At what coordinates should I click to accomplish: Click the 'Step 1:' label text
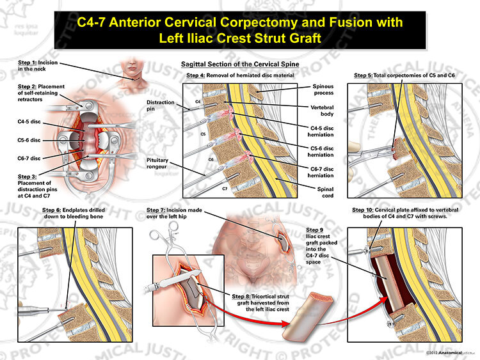[x=27, y=63]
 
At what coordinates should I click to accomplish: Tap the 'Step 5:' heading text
[x=363, y=75]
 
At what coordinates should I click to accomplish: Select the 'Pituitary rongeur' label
[x=157, y=163]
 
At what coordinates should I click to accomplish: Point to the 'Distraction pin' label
[x=161, y=106]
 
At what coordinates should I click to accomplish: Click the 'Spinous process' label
[x=323, y=90]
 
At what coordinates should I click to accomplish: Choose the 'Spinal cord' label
[x=325, y=192]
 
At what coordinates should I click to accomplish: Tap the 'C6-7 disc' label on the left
[x=29, y=158]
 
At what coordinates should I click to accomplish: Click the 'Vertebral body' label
[x=323, y=111]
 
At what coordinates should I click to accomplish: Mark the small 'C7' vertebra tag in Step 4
[x=225, y=189]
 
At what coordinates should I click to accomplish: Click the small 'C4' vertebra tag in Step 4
[x=198, y=102]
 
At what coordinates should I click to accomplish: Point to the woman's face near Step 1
[x=132, y=66]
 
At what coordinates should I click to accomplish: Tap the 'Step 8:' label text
[x=241, y=297]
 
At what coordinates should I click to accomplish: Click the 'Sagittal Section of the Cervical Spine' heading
[x=240, y=64]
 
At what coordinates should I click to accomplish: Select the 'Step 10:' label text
[x=363, y=210]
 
